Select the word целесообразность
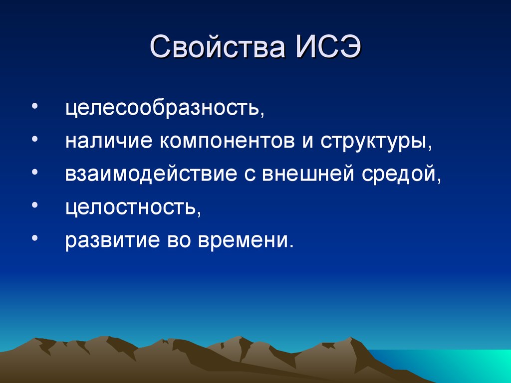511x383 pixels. (164, 109)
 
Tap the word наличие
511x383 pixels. (108, 142)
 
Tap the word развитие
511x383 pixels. (109, 241)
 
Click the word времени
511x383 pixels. (245, 241)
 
